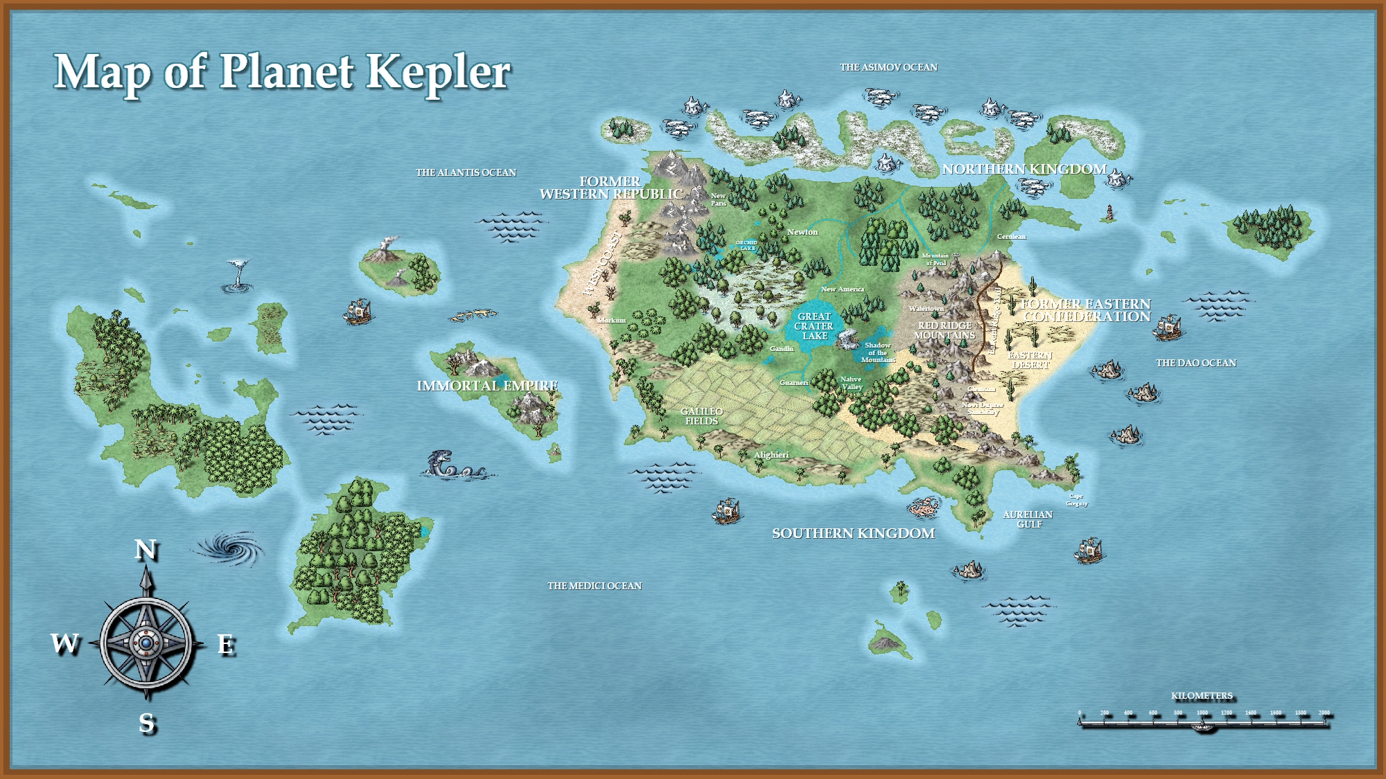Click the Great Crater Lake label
point(814,326)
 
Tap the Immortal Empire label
point(487,386)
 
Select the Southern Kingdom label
point(853,533)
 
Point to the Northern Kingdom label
point(1024,169)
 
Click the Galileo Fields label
point(701,416)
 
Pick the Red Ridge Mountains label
point(945,330)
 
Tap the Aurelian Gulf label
point(1028,519)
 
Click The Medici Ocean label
point(595,586)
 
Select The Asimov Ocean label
point(888,67)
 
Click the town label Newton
point(802,232)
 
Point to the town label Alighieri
point(771,455)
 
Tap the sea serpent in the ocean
point(454,465)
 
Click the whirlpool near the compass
point(231,548)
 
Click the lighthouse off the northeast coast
point(1109,213)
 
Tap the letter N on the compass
point(146,550)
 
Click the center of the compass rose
point(146,644)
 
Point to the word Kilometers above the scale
point(1202,696)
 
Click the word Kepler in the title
point(438,72)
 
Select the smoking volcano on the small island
point(384,250)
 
